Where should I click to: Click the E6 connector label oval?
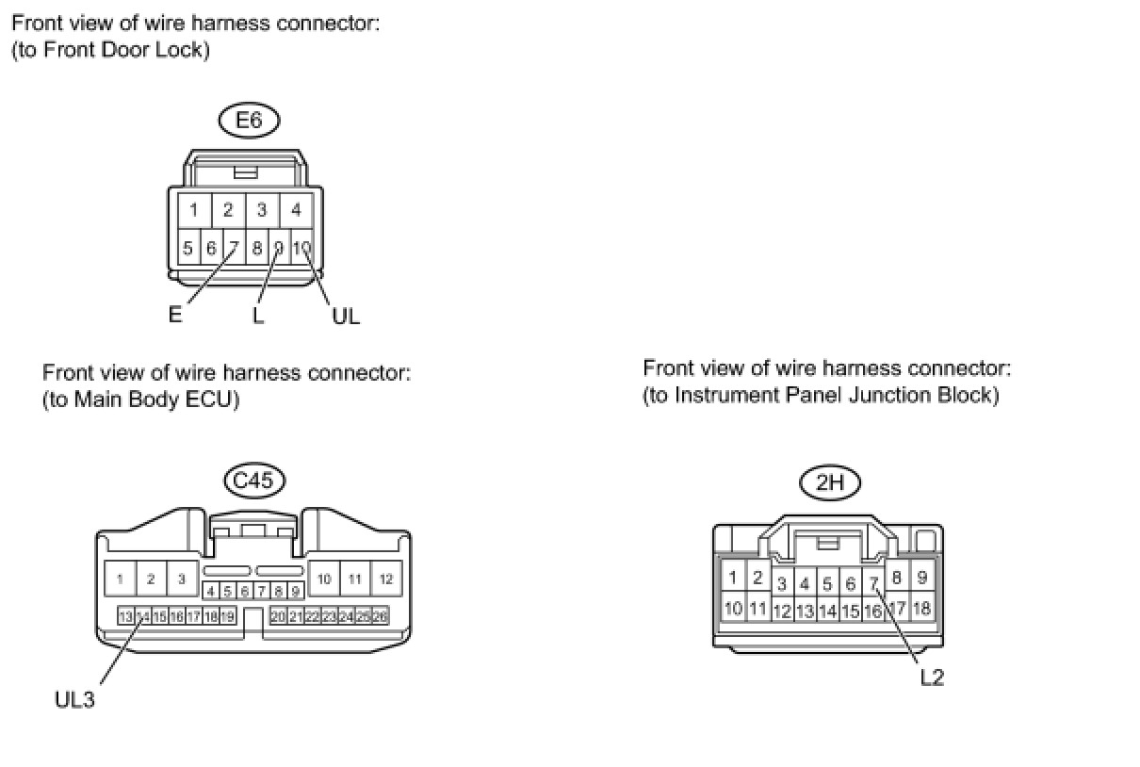[x=250, y=121]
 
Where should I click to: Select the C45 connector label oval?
[x=254, y=481]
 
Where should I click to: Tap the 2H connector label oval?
[x=829, y=483]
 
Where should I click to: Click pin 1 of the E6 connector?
[x=192, y=210]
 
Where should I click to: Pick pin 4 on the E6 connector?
[x=296, y=210]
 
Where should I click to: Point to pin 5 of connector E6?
[x=187, y=249]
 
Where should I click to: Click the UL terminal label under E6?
[x=346, y=317]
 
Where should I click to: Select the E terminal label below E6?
[x=175, y=315]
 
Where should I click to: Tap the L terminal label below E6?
[x=258, y=316]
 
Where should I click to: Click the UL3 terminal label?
[x=75, y=700]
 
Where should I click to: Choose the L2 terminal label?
[x=932, y=677]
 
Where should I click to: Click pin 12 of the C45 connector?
[x=386, y=579]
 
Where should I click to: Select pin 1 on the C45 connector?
[x=120, y=579]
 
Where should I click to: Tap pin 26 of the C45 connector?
[x=381, y=616]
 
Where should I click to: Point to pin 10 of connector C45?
[x=324, y=579]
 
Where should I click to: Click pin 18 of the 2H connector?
[x=921, y=608]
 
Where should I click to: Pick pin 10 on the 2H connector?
[x=734, y=608]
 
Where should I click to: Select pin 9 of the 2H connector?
[x=922, y=578]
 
